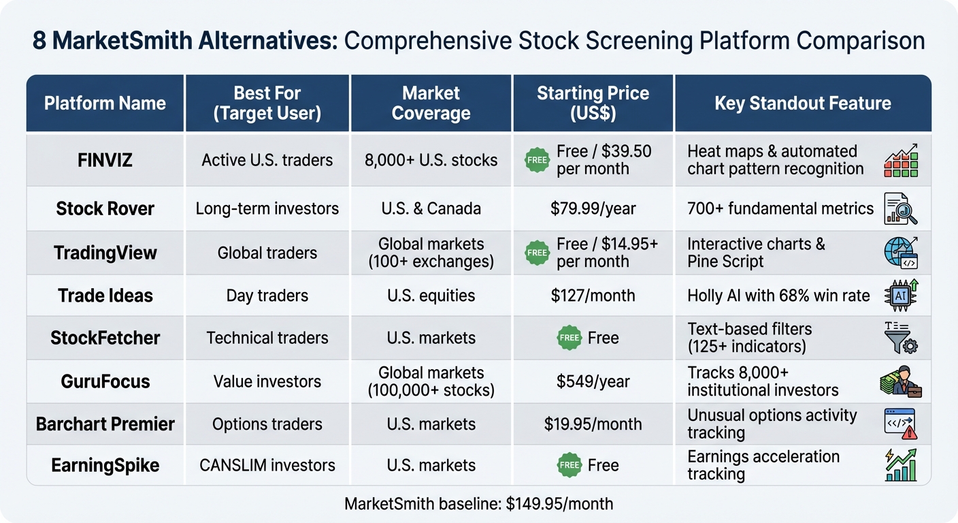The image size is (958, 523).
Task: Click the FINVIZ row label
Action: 105,161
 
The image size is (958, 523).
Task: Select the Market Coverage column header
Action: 431,104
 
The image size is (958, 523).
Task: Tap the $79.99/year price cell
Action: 593,208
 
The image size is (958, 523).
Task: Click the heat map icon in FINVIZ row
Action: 901,161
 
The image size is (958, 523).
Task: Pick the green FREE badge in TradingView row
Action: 537,253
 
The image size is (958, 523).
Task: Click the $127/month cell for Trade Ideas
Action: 593,296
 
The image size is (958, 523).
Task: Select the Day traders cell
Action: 267,296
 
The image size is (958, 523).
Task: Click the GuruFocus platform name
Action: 105,381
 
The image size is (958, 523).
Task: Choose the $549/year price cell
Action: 593,381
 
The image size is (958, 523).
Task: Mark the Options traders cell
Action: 267,424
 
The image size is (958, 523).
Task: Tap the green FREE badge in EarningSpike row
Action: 568,465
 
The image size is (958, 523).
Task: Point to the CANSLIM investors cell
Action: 267,465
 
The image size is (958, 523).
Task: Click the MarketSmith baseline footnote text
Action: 478,504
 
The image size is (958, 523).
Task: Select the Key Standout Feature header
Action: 802,104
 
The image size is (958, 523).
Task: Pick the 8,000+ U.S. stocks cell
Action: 431,161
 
